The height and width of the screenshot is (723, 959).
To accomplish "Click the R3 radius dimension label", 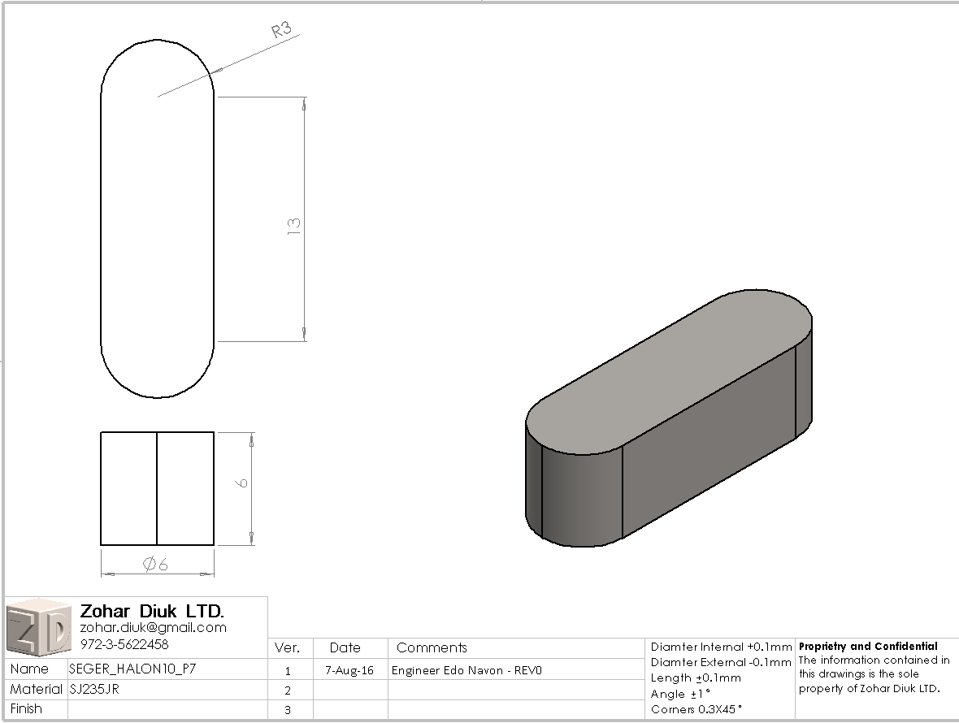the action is (282, 29).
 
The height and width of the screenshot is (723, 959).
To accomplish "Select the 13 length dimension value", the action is (294, 226).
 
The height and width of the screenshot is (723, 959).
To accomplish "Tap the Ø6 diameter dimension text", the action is (155, 564).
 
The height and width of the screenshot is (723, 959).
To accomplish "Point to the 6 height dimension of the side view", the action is (243, 483).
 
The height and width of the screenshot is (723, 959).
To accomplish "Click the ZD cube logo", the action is (38, 627).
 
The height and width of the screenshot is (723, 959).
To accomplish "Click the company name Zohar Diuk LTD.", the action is (152, 611).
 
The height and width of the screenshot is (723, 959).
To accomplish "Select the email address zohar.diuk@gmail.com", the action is (154, 628).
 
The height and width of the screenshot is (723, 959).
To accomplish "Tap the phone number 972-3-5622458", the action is (124, 644).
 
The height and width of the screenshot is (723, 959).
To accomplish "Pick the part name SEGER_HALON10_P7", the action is (132, 669).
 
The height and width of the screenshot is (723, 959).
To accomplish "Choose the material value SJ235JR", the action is (94, 690).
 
